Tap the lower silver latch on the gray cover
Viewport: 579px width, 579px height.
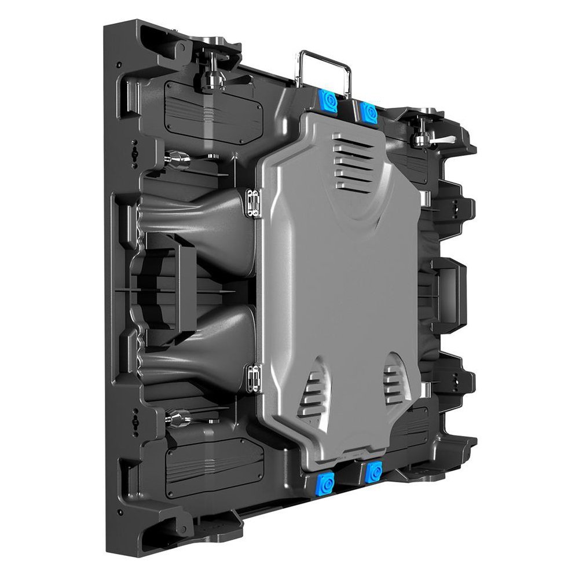252,379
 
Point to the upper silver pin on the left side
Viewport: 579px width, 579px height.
177,158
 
